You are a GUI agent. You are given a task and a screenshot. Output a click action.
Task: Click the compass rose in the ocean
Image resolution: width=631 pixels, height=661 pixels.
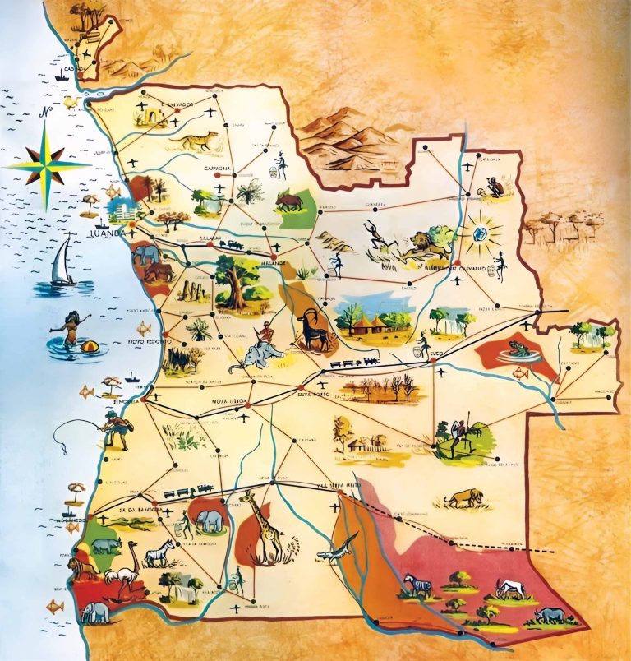tap(48, 163)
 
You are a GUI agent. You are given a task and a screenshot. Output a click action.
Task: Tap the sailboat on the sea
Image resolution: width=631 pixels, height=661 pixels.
tap(62, 262)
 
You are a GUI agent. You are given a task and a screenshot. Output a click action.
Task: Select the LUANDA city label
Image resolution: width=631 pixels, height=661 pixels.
tap(106, 233)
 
